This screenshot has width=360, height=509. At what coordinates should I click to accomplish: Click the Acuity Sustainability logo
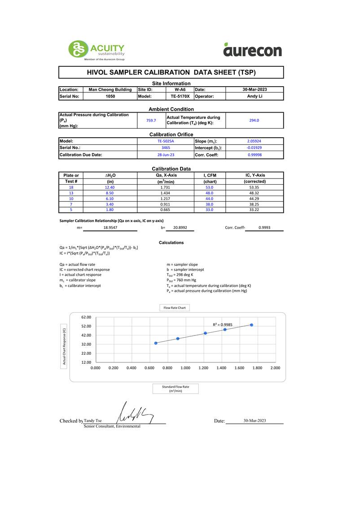tap(96, 50)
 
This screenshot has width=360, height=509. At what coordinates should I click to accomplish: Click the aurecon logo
tap(252, 50)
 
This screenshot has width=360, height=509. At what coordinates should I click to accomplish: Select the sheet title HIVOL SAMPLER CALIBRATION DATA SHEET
tap(171, 72)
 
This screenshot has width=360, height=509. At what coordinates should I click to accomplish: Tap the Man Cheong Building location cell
tap(110, 90)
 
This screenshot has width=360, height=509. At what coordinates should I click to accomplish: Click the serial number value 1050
tap(110, 96)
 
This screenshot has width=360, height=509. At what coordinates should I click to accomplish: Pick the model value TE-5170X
tap(180, 96)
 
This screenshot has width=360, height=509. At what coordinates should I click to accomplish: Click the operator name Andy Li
tap(254, 96)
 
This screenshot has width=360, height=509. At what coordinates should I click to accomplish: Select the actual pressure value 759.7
tap(151, 120)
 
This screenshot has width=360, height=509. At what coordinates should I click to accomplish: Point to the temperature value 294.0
tap(254, 120)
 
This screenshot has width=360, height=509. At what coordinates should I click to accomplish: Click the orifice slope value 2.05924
tap(254, 141)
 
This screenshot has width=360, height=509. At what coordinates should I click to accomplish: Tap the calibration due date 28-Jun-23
tap(165, 155)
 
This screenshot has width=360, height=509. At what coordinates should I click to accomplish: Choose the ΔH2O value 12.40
tap(110, 187)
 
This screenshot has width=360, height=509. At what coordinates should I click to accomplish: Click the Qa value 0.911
tap(165, 204)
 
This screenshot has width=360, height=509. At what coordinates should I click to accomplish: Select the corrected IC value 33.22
tap(254, 209)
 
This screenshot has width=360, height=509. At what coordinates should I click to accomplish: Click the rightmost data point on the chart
tap(251, 325)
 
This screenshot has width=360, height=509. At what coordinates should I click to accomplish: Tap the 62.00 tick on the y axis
tap(86, 317)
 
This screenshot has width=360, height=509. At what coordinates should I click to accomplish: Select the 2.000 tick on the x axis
tap(275, 368)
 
